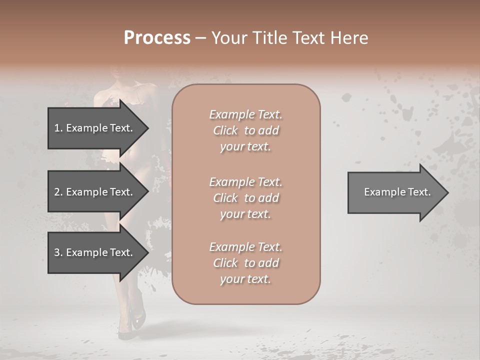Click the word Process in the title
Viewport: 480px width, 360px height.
pos(157,38)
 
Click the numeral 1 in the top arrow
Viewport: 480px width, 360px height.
pos(57,128)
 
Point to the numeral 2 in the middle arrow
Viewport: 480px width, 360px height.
pos(57,192)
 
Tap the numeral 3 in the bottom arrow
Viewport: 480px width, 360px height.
pos(57,252)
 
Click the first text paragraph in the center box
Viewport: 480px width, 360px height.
pos(245,130)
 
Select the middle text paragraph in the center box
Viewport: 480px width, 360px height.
pos(245,198)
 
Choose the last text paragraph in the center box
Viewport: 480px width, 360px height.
pos(245,263)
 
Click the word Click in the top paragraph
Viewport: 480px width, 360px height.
pos(225,130)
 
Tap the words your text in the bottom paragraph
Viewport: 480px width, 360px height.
pos(245,279)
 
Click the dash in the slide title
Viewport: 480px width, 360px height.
pos(200,38)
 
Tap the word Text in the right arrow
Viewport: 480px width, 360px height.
pos(418,192)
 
